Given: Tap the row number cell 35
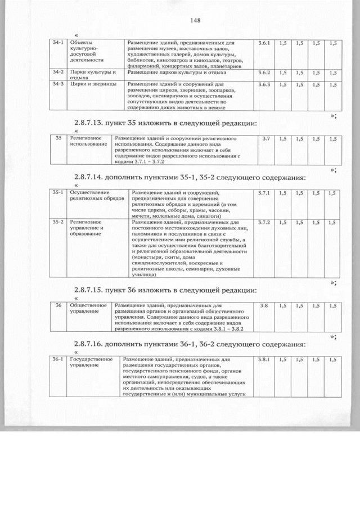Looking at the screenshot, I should [58, 138].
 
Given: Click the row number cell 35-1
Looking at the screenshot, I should [58, 193].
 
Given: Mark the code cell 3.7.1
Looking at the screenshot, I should [264, 193].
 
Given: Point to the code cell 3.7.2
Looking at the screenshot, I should [264, 223].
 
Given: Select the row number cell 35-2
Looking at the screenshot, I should [58, 223].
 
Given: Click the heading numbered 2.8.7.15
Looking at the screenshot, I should [166, 290].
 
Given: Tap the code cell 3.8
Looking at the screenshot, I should [263, 305].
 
